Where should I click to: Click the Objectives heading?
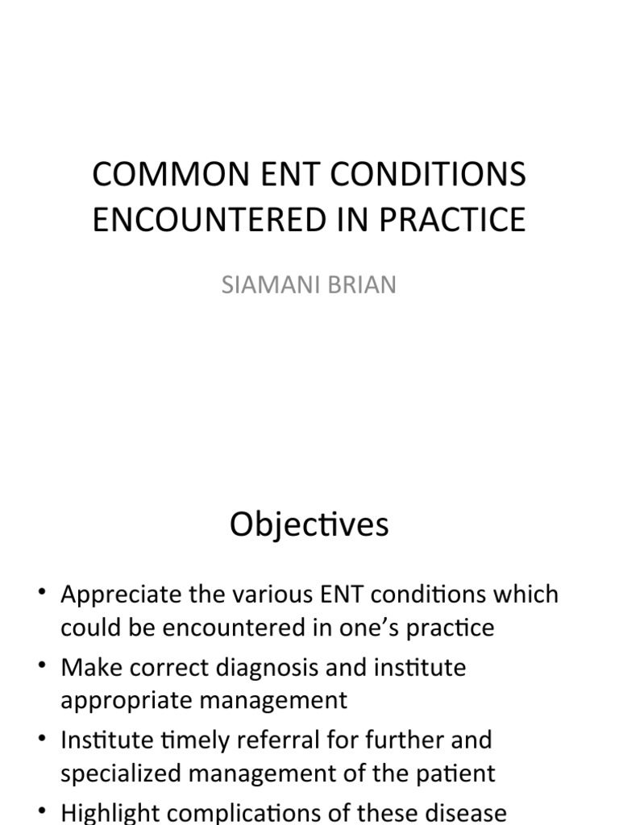tap(309, 524)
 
